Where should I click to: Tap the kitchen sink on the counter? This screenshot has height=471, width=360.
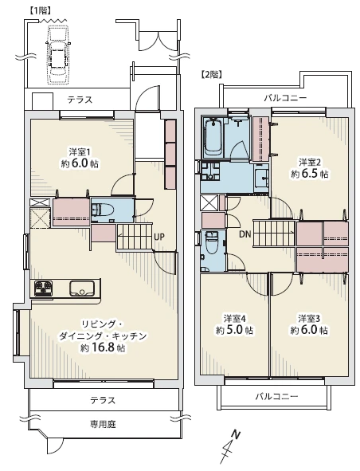click(82, 288)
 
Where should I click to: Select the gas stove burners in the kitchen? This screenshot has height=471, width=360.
click(43, 288)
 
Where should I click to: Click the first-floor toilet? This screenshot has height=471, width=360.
click(102, 209)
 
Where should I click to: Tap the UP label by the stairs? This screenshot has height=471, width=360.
click(159, 237)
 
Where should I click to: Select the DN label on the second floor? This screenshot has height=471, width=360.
click(245, 234)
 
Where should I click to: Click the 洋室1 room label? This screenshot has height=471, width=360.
click(80, 152)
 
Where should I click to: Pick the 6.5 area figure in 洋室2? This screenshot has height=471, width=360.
click(310, 174)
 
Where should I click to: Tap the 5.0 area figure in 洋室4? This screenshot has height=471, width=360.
click(234, 330)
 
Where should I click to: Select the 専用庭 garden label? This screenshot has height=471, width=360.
click(103, 425)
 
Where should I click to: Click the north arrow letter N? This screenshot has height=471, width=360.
click(236, 434)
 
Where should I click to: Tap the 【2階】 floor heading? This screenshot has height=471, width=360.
click(212, 74)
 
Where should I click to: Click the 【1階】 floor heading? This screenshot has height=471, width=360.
click(41, 10)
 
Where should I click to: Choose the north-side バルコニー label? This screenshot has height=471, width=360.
click(285, 98)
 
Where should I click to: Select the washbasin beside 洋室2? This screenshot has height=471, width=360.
click(261, 178)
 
